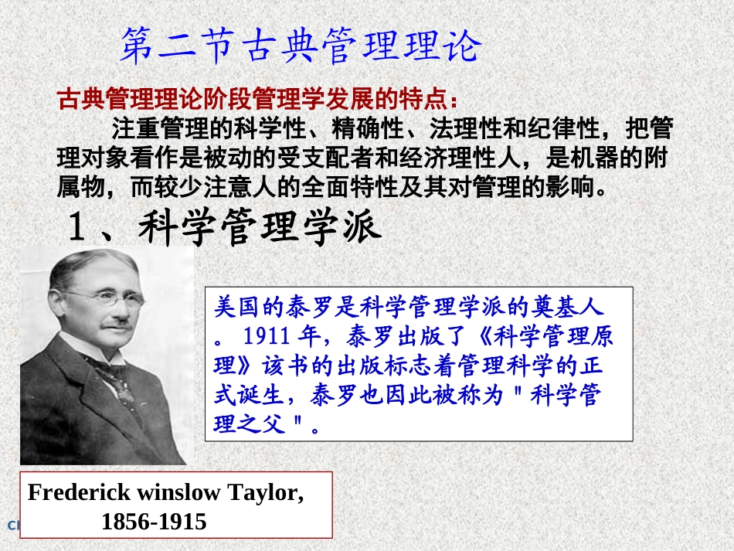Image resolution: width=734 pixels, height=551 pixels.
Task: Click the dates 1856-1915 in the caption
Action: pyautogui.click(x=154, y=522)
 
